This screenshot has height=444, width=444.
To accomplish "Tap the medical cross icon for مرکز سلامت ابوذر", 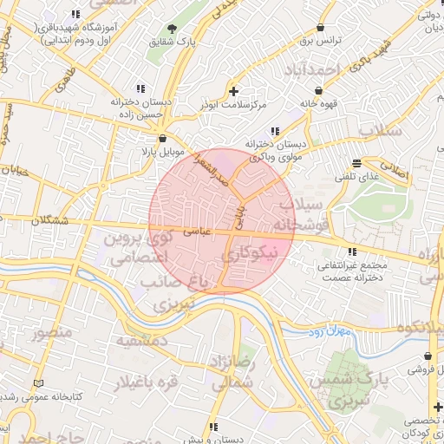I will [x=232, y=90].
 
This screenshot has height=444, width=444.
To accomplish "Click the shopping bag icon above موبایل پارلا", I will [x=162, y=139].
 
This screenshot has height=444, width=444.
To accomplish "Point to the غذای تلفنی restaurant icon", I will [x=356, y=164].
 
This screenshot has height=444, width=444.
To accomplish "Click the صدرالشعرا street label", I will [x=211, y=169].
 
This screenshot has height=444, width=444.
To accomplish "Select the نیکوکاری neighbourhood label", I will [x=252, y=254].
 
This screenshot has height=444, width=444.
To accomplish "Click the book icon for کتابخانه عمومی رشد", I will [x=36, y=383].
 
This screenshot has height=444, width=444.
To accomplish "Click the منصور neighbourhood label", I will [x=49, y=332].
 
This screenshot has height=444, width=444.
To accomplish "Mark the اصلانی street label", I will [x=399, y=173].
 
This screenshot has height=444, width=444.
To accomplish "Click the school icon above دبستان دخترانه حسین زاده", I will [x=140, y=88].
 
